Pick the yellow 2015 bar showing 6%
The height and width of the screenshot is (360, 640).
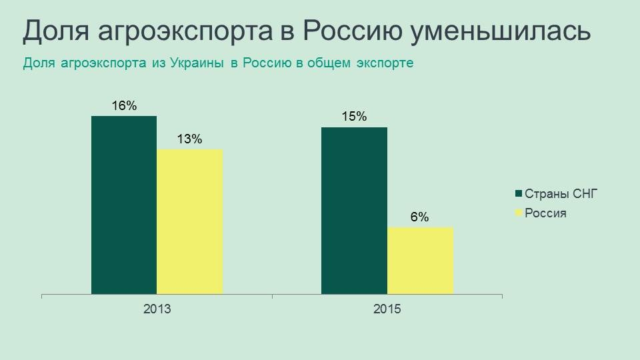(x=420, y=261)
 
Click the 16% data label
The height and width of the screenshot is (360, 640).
(x=124, y=105)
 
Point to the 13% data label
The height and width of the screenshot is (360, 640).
(x=189, y=139)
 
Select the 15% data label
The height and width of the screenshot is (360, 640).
(x=354, y=117)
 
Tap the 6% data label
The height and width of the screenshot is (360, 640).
(x=420, y=217)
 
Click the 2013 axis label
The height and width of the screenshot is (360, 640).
(x=157, y=309)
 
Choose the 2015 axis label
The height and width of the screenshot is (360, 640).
(x=387, y=309)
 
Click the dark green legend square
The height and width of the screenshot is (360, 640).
(x=519, y=194)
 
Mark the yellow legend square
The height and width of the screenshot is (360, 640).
(x=519, y=213)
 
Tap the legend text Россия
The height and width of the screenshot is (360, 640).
(x=545, y=213)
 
